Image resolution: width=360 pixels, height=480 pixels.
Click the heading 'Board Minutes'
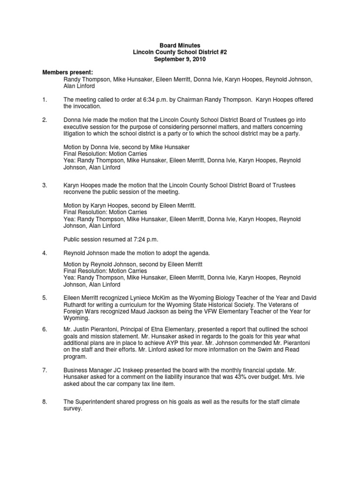pos(180,45)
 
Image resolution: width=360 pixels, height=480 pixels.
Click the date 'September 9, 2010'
pos(180,60)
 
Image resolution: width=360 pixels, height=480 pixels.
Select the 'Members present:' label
pos(68,73)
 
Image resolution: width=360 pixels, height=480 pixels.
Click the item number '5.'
pos(45,298)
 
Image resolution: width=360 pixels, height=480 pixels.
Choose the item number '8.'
pos(45,402)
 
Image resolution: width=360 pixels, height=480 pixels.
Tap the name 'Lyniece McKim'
pos(149,298)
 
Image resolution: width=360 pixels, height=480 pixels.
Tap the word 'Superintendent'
pos(97,402)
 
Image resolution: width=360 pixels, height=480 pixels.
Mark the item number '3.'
pos(45,186)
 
